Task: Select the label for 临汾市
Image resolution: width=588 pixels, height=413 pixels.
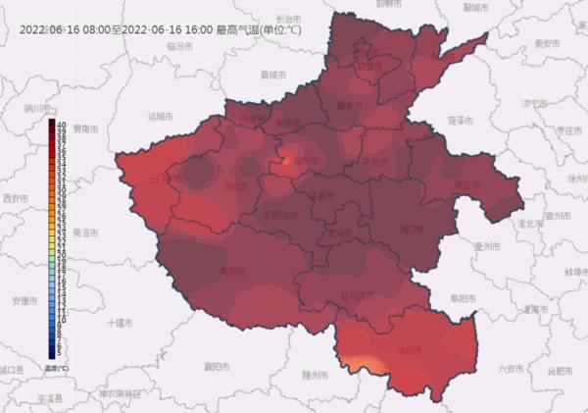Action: [176, 46]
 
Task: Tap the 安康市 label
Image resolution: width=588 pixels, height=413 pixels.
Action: [23, 299]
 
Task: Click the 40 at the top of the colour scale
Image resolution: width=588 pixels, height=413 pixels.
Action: [61, 124]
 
